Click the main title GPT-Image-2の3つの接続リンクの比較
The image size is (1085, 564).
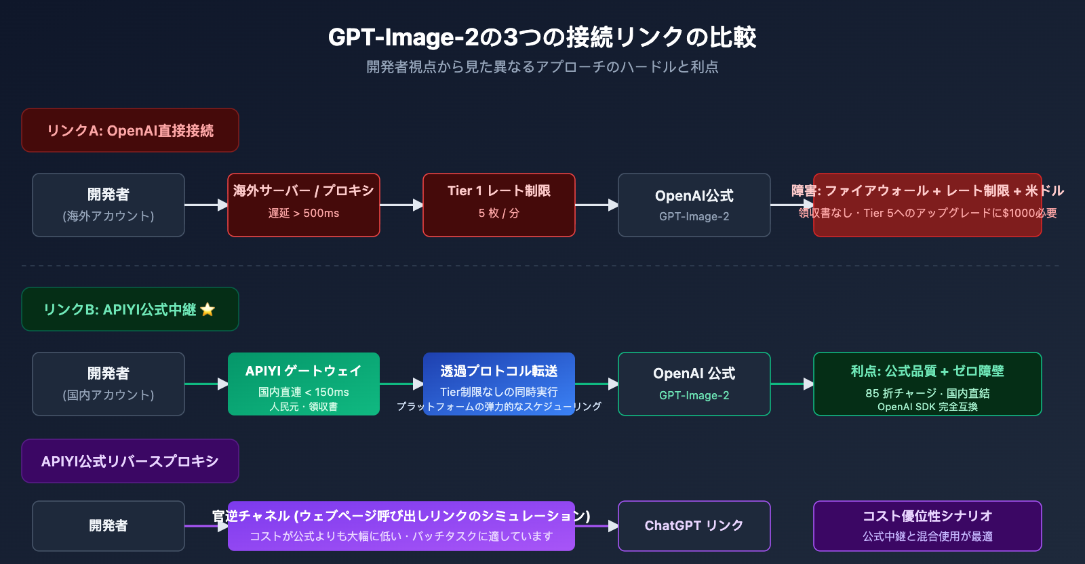coord(542,37)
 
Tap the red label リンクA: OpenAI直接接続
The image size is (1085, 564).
coord(130,130)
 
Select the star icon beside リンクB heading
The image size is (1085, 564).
coord(208,310)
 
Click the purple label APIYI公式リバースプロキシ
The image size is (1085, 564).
coord(130,461)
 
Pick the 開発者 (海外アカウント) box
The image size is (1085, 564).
coord(108,205)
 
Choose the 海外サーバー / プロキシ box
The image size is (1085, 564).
coord(304,205)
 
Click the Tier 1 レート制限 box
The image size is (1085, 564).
coord(499,205)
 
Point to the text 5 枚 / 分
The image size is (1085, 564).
coord(499,213)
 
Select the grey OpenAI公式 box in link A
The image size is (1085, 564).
coord(694,205)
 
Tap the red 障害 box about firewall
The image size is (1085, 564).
coord(928,205)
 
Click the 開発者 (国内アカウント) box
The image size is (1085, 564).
coord(108,384)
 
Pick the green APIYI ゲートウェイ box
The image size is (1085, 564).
coord(304,384)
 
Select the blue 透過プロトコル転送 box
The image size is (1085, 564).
coord(499,384)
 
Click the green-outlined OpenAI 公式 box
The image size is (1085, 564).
coord(694,384)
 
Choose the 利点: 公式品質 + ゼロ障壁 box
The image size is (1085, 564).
coord(928,384)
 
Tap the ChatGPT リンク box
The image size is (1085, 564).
coord(694,526)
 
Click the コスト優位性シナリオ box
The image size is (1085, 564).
coord(928,526)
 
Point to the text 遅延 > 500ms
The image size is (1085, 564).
coord(304,213)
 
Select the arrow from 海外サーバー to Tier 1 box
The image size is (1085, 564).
coord(401,205)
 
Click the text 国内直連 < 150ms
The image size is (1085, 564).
coord(304,392)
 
